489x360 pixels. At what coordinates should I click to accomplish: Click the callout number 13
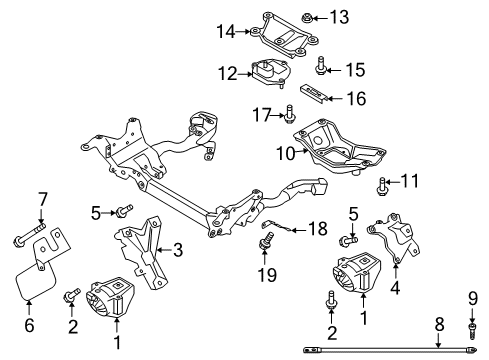(339, 17)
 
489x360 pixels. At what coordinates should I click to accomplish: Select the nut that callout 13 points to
(307, 18)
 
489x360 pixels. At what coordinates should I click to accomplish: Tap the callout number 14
(226, 32)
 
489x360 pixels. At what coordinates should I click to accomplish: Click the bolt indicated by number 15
(320, 66)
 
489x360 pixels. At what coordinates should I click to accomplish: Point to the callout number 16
(356, 99)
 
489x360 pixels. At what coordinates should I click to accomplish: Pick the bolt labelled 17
(289, 114)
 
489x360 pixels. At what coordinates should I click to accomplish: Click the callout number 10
(286, 154)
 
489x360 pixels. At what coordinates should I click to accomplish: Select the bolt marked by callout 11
(382, 186)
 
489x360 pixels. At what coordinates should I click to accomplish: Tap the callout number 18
(318, 229)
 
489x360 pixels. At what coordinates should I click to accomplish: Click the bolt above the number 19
(267, 241)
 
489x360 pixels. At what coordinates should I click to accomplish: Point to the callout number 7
(43, 200)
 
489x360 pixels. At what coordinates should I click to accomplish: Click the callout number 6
(29, 325)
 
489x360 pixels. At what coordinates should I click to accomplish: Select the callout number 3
(178, 250)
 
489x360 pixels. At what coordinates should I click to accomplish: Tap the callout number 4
(395, 288)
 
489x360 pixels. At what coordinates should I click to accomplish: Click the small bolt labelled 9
(472, 330)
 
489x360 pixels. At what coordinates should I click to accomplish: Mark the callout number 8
(440, 324)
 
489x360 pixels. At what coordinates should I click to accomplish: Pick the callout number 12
(228, 74)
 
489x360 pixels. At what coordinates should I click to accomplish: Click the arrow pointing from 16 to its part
(336, 99)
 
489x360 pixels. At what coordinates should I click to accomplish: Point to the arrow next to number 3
(164, 250)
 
